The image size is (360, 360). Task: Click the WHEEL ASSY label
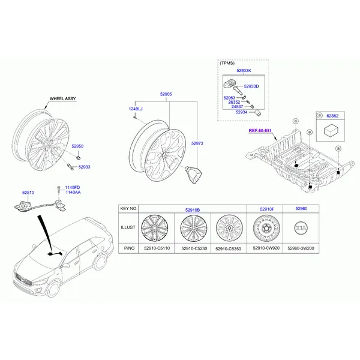coord(62,98)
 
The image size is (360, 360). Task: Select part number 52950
coord(77,146)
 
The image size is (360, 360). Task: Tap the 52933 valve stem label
coord(84,167)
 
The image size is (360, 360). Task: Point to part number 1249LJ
coord(136,109)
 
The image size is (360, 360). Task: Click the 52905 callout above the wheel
coord(166,94)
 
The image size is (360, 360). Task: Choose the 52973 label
coord(197,143)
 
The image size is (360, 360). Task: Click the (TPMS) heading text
coord(227,63)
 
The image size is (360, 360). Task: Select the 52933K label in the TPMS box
coord(244,70)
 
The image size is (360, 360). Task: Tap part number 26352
coord(234,102)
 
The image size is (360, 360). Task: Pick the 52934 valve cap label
coord(241,112)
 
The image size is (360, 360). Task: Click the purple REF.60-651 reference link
coord(260,131)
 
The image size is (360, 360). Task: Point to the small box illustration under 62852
coord(330,131)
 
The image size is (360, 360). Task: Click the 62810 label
coord(28,193)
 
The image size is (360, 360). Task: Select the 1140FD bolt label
coord(73,188)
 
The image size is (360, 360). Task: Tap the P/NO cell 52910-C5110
coord(157,248)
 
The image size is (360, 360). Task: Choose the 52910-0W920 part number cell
coord(266,248)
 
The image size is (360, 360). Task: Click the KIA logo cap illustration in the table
coord(301,228)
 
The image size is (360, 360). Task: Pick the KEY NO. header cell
coord(129,209)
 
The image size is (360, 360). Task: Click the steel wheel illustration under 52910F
coord(266,228)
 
